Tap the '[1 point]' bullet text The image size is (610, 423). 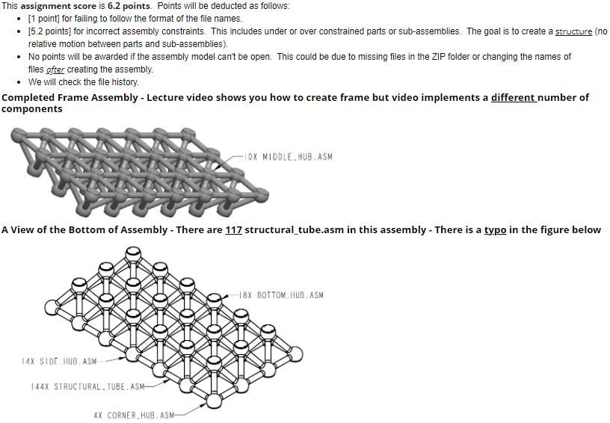[x=46, y=19]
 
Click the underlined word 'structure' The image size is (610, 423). [x=573, y=31]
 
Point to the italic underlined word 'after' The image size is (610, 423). [x=55, y=70]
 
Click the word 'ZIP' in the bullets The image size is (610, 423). [x=447, y=57]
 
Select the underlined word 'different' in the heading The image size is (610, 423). [x=512, y=98]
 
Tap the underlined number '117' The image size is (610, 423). [x=234, y=229]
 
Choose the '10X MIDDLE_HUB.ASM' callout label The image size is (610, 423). [x=289, y=157]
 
